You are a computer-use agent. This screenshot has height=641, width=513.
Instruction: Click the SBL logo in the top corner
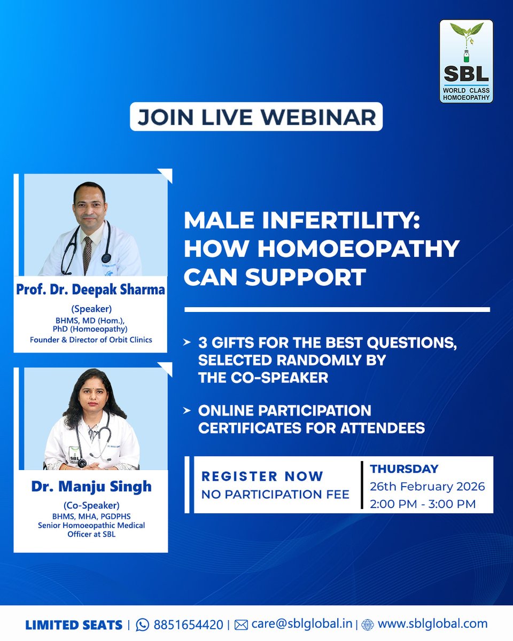coord(466,61)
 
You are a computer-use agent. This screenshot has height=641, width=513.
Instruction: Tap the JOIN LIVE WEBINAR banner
coord(256,117)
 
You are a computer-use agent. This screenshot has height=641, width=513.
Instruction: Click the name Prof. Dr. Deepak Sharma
coord(90,291)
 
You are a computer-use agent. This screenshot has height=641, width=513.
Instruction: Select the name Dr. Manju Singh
coord(90,487)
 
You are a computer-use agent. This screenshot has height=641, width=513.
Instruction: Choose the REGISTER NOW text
coord(262,476)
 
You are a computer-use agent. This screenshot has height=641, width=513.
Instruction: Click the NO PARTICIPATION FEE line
coord(275,495)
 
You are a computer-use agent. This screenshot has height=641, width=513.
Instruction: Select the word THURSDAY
coord(404,469)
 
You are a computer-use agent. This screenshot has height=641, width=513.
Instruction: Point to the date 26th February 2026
coord(428,487)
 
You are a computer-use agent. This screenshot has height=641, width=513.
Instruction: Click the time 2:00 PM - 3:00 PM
coord(423,504)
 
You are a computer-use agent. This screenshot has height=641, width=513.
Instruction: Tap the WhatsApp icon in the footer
coord(143,624)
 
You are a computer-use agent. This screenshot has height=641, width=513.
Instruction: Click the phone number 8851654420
coord(188,624)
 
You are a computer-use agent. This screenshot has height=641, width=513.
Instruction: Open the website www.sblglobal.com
coord(432,624)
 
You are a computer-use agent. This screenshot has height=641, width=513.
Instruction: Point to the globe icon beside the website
coord(368,624)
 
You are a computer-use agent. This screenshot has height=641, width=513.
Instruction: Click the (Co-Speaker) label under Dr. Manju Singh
coord(90,505)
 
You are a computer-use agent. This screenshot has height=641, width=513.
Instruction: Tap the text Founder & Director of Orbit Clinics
coord(90,339)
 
